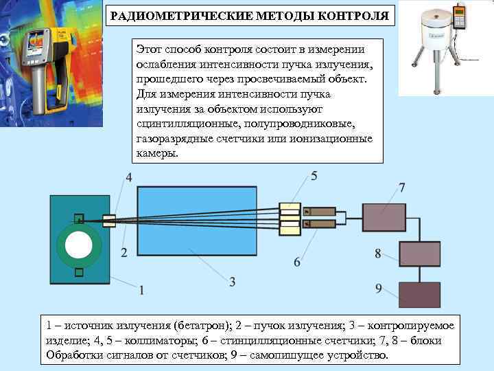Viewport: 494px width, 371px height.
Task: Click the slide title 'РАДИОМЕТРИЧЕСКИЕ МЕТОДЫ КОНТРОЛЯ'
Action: pos(250,16)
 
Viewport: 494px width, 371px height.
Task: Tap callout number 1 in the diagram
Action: pos(141,290)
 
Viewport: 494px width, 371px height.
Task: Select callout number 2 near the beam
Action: pos(124,253)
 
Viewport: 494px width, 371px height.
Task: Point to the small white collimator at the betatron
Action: pos(108,221)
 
